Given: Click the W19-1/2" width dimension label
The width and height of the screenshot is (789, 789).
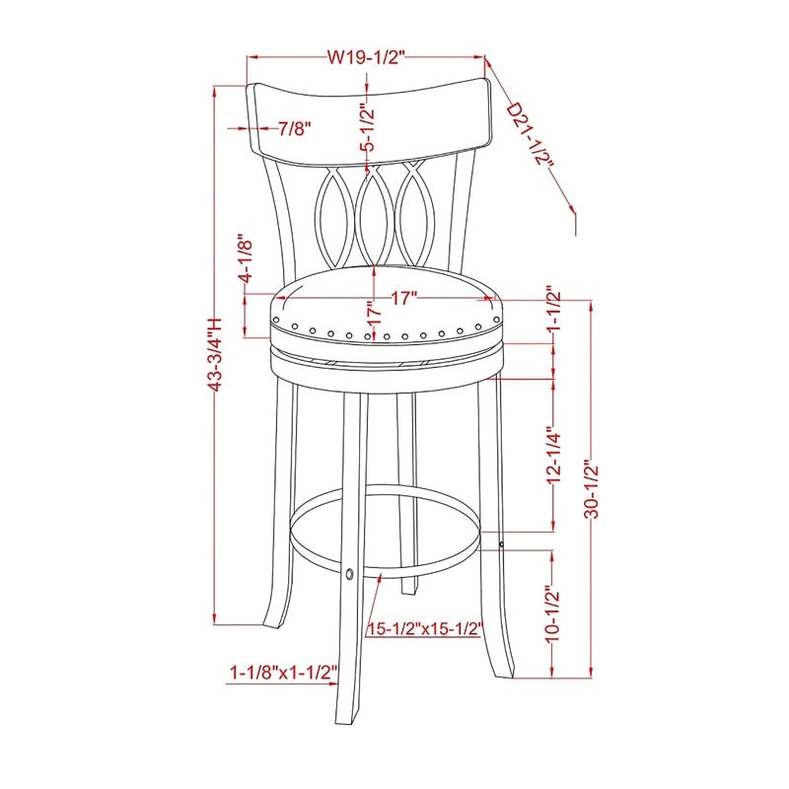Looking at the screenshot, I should pyautogui.click(x=366, y=57).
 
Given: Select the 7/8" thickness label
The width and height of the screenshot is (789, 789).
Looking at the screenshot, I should pyautogui.click(x=295, y=128).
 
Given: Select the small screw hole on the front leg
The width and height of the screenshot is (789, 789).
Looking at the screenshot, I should pyautogui.click(x=350, y=572).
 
